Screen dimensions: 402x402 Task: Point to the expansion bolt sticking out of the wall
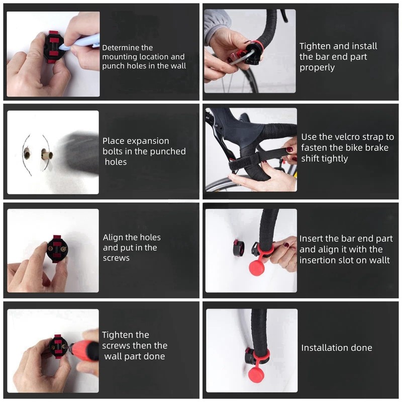47,155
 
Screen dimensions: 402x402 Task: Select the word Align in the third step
112,238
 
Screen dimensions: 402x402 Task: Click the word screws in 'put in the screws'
116,258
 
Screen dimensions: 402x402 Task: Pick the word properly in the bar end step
317,68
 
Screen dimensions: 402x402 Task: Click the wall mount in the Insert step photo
238,247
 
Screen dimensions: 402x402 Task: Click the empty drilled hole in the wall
27,154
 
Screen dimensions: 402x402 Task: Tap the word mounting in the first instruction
120,57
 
